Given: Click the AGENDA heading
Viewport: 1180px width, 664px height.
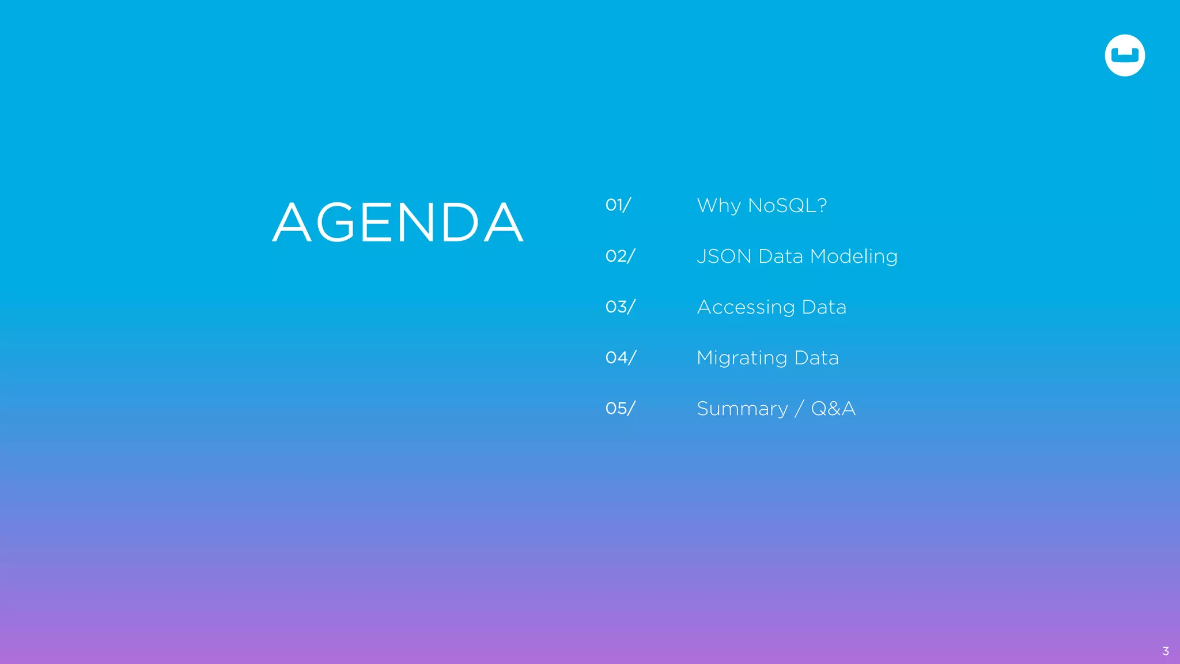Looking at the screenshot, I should tap(398, 222).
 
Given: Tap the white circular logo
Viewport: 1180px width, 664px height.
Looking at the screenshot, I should tap(1125, 55).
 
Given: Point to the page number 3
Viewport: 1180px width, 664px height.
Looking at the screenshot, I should tap(1166, 651).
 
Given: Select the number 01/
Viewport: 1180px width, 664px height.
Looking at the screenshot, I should tap(618, 205).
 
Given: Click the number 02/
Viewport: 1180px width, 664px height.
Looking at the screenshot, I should tap(620, 256).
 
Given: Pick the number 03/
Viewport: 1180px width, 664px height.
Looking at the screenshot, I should tap(620, 307).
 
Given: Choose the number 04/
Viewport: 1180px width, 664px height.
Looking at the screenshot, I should tap(621, 357).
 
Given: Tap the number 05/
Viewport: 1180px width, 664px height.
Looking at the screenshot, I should tap(620, 408).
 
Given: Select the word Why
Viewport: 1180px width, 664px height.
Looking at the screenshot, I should tap(718, 206).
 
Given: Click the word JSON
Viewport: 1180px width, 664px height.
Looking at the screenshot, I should tap(724, 256).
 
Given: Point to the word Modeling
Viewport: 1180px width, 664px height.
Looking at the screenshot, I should tap(854, 256).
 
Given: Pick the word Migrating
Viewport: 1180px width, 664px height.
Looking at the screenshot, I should tap(742, 358).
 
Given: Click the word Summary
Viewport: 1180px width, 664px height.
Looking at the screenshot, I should tap(742, 409).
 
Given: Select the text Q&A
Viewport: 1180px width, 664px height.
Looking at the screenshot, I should tap(833, 408).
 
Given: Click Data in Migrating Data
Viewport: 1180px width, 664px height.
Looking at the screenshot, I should tap(816, 357).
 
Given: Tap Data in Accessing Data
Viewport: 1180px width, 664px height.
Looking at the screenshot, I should tap(824, 307).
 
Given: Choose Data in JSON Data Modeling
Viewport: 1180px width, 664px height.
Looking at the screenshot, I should tap(781, 256).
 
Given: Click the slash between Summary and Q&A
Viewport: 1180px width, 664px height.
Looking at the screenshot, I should tap(799, 409).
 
